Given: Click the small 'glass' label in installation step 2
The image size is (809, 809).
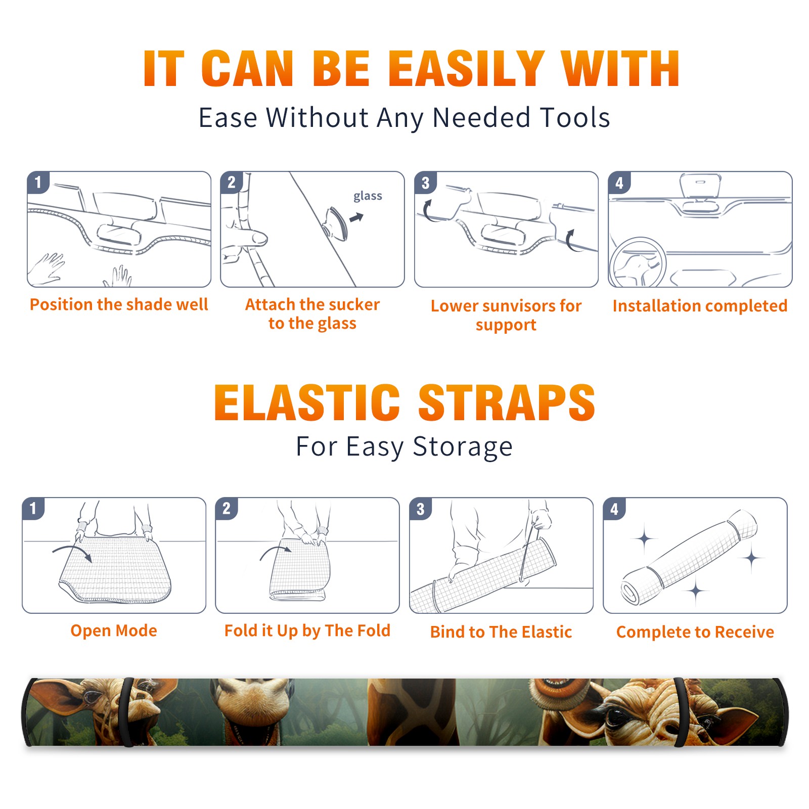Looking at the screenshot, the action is (x=368, y=196).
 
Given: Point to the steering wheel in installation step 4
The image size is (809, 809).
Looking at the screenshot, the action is (x=638, y=263).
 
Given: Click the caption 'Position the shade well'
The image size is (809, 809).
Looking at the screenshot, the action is (x=119, y=304).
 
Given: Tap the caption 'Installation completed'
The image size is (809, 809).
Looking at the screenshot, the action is (x=700, y=305).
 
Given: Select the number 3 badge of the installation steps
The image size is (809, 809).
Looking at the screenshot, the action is (x=425, y=183).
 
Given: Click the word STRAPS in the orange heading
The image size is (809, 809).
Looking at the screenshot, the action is (x=507, y=402).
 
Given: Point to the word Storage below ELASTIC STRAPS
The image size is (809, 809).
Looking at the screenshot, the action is (x=463, y=447).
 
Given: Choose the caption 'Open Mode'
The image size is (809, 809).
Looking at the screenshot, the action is (x=114, y=631).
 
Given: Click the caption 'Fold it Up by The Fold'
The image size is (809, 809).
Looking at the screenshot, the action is (x=307, y=631).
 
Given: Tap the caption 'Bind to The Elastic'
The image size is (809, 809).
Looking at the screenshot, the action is (x=501, y=632).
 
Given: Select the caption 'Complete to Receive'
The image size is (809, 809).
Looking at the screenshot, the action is (x=695, y=632).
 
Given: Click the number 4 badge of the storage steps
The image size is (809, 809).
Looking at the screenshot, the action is (x=614, y=509).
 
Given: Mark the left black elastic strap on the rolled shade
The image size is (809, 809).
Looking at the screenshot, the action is (x=128, y=712).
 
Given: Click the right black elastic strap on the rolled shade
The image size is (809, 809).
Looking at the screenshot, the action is (x=681, y=712).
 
